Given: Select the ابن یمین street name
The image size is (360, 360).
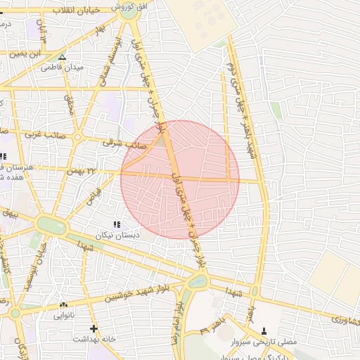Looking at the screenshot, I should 37,53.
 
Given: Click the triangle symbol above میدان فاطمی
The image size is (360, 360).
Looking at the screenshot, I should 63,57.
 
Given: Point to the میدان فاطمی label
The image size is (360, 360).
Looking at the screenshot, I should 63,67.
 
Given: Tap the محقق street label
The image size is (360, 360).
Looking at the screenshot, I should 69,105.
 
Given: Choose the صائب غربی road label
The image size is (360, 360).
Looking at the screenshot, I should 44,133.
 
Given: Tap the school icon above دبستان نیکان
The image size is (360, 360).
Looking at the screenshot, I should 117,224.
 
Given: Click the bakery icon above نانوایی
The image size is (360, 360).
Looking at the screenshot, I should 64,304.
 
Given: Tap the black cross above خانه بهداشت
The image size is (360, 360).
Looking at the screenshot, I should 94,328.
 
